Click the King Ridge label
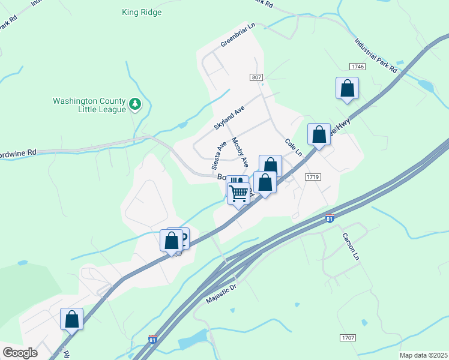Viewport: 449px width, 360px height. point(142,12)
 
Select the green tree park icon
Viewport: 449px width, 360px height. point(136,104)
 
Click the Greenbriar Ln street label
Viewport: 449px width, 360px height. point(238,35)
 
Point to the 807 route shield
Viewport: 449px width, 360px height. point(257,78)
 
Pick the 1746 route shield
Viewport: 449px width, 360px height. point(357,66)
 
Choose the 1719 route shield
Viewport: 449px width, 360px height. point(313,177)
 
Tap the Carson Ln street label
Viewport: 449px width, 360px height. point(351,247)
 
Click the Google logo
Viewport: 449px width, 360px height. point(20,352)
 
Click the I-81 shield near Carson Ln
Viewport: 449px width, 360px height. point(330,218)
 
